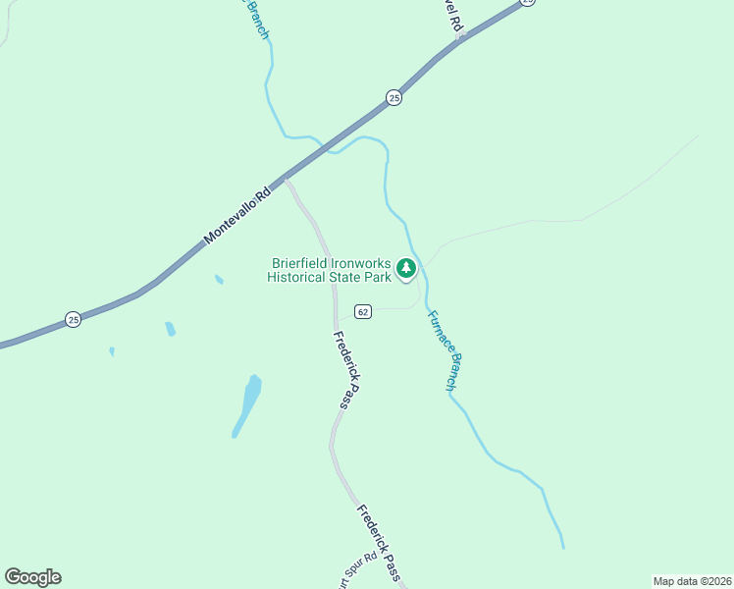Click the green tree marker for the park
click(x=407, y=268)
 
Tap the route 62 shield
click(x=363, y=311)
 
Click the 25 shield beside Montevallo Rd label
click(x=393, y=97)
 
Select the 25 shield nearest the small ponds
click(x=73, y=319)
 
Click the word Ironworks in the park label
click(x=366, y=264)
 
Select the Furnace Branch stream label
click(x=441, y=351)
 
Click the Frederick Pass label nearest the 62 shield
click(x=346, y=370)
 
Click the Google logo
click(x=32, y=577)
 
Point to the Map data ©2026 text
click(x=691, y=581)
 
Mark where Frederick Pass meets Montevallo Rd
click(x=285, y=180)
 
